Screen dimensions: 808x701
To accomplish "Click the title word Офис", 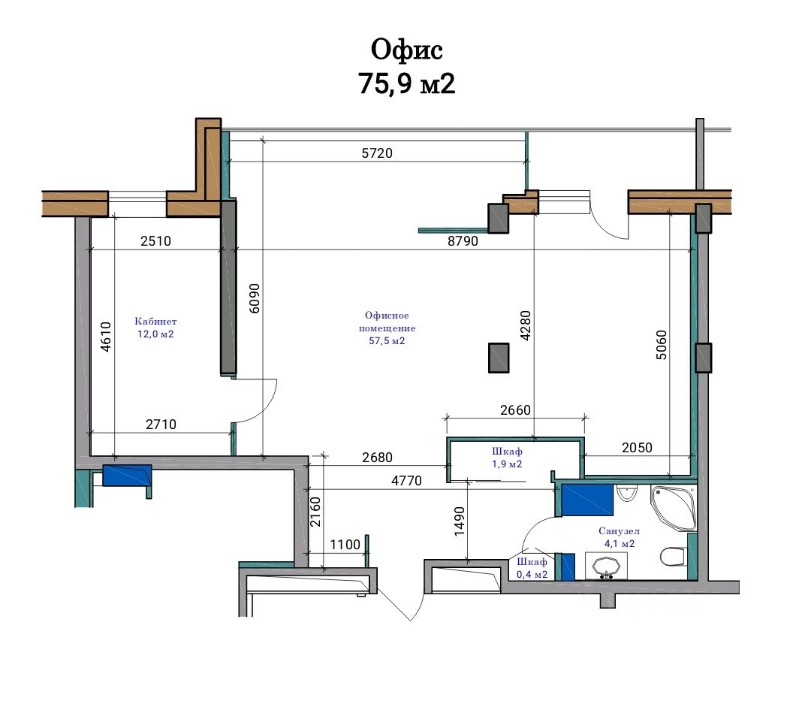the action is (x=406, y=50).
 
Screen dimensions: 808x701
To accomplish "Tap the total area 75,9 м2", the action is (x=406, y=83).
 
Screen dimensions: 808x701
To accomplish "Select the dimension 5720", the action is (x=377, y=153).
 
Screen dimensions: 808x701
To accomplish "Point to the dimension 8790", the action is (x=463, y=240).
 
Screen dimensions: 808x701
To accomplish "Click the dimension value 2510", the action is (x=155, y=240).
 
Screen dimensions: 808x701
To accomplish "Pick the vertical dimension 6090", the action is (x=255, y=298).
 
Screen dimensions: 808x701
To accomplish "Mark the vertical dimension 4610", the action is (x=105, y=337).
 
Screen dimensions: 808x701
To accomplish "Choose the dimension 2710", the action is (x=161, y=425).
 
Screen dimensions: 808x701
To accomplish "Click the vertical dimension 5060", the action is (x=661, y=345).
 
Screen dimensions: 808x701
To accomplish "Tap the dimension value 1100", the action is (x=345, y=544).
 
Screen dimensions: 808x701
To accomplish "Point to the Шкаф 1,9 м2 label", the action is (x=507, y=458).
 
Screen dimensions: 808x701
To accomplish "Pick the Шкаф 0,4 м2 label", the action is (x=532, y=568).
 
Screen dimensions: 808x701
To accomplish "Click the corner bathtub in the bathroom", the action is (x=673, y=508).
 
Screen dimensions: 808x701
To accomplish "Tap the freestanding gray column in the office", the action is (x=499, y=358).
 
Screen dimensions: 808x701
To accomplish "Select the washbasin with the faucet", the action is (x=607, y=566).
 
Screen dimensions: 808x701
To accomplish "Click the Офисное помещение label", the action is (x=387, y=328).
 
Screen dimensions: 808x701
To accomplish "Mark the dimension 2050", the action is (x=637, y=447).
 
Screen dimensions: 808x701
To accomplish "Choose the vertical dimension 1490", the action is (x=460, y=521).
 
